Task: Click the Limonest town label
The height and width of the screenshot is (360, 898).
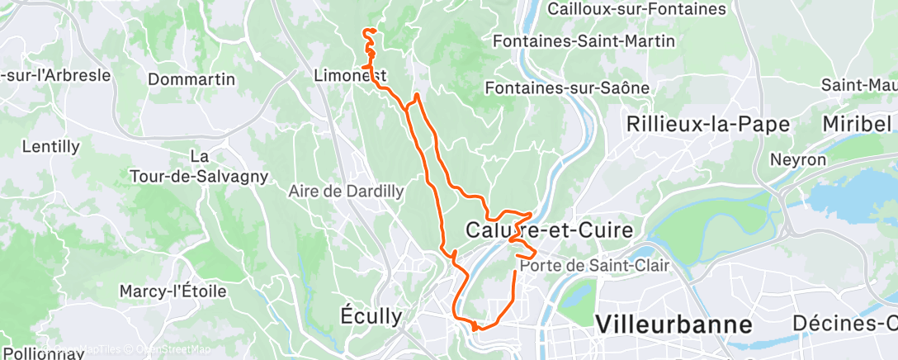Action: pos(351,75)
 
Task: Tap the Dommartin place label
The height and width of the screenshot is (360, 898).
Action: pos(191,80)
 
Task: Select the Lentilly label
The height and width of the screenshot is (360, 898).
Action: pos(51,147)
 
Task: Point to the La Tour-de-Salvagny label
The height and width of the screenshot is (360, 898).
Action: pos(198,166)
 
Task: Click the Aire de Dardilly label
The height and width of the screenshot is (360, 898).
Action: pos(346,191)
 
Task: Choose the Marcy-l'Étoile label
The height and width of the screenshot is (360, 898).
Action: pos(173,291)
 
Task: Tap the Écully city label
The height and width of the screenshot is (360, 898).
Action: pos(371,315)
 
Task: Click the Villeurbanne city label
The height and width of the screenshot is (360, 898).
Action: pos(673,323)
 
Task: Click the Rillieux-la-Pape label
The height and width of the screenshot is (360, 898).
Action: pos(708,124)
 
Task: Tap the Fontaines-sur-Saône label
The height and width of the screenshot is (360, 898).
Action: pos(568,88)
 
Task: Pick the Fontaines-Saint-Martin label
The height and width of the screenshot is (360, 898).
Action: pos(584,40)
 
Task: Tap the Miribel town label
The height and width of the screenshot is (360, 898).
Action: pos(857,124)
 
